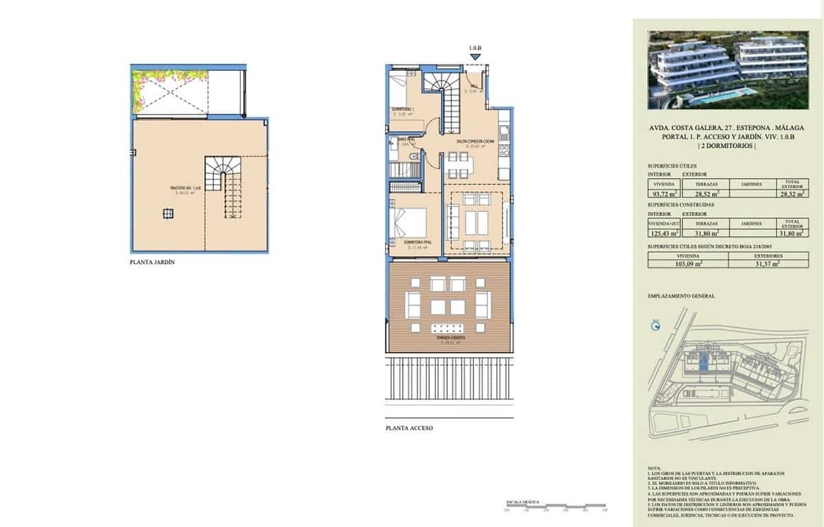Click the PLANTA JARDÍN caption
coord(148,262)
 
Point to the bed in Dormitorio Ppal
coord(408,224)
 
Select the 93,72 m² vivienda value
coord(663,193)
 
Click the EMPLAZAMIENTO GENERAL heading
coord(681,296)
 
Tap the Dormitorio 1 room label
coord(403,109)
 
